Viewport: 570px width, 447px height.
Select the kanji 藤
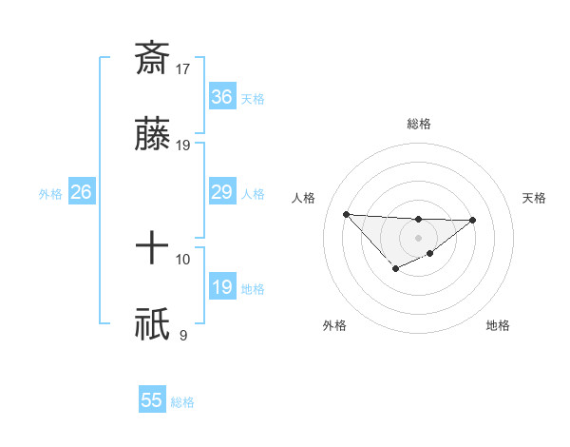pos(152,136)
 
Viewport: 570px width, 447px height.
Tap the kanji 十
pos(152,250)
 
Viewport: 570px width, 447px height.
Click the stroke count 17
pos(183,68)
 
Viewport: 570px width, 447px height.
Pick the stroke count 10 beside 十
pos(183,259)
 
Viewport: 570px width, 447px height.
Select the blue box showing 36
pos(221,97)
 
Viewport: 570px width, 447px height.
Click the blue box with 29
pos(221,192)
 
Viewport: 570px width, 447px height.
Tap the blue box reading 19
pos(221,287)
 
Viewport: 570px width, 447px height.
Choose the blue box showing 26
pos(81,192)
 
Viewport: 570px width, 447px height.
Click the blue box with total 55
pos(152,400)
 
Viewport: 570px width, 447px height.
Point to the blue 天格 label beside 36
pos(253,99)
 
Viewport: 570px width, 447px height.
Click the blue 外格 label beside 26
pos(50,194)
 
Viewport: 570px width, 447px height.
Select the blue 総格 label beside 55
pos(182,402)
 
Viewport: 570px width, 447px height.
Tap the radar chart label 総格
pos(419,124)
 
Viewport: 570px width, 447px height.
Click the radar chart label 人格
pos(303,198)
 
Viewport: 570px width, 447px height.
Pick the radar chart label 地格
pos(498,325)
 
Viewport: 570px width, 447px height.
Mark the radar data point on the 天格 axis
pos(473,220)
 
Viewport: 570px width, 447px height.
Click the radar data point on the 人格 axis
pos(347,214)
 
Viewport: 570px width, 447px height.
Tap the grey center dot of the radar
pos(419,238)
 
